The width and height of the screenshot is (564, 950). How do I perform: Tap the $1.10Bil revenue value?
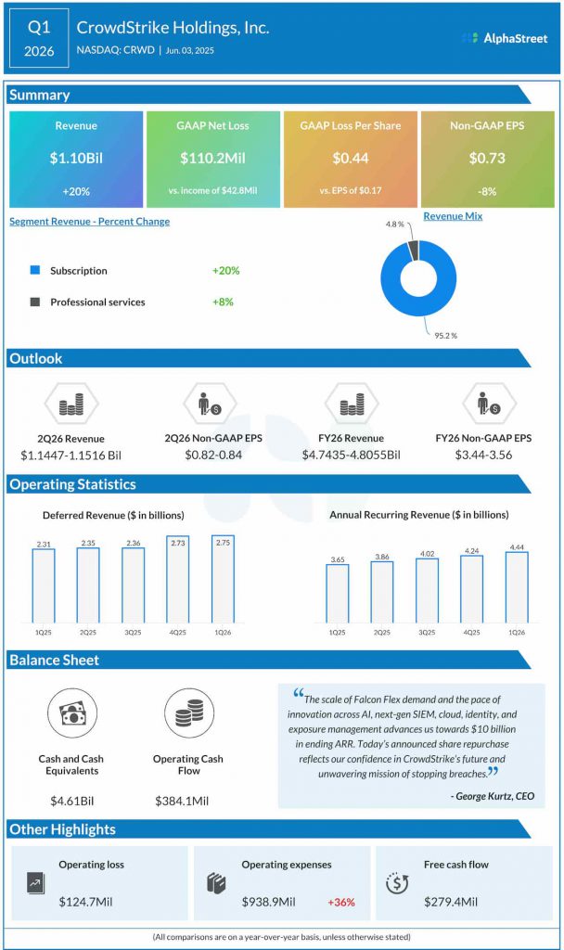pos(76,159)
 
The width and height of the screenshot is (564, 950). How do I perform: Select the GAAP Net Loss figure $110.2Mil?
pos(213,159)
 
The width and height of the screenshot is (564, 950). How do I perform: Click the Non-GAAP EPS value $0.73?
pos(487,159)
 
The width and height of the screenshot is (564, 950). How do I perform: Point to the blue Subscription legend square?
pos(35,271)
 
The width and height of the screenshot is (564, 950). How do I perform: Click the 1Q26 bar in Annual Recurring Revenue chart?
pos(516,586)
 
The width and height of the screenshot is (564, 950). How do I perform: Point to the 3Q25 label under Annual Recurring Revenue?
pos(426,632)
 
